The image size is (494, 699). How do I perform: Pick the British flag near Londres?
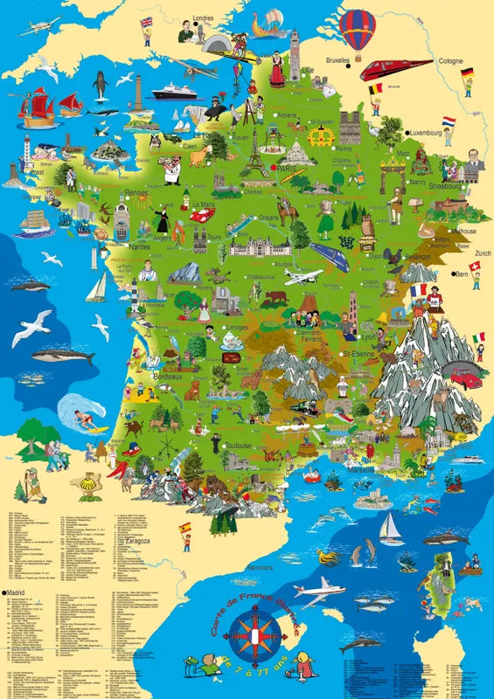[x=145, y=21]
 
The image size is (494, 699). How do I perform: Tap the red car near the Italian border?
[x=466, y=377]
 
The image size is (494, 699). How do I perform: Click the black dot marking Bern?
[x=455, y=273]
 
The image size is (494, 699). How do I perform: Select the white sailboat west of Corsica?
[x=389, y=527]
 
